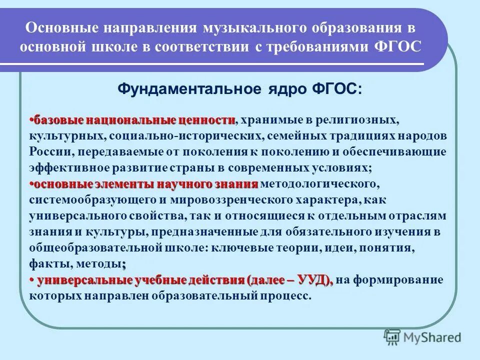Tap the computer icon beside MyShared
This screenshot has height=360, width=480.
click(x=392, y=336)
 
